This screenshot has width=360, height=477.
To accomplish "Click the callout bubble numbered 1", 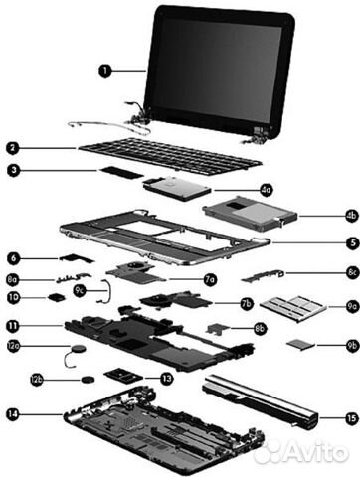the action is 106,70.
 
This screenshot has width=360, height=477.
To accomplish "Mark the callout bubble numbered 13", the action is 166,378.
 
